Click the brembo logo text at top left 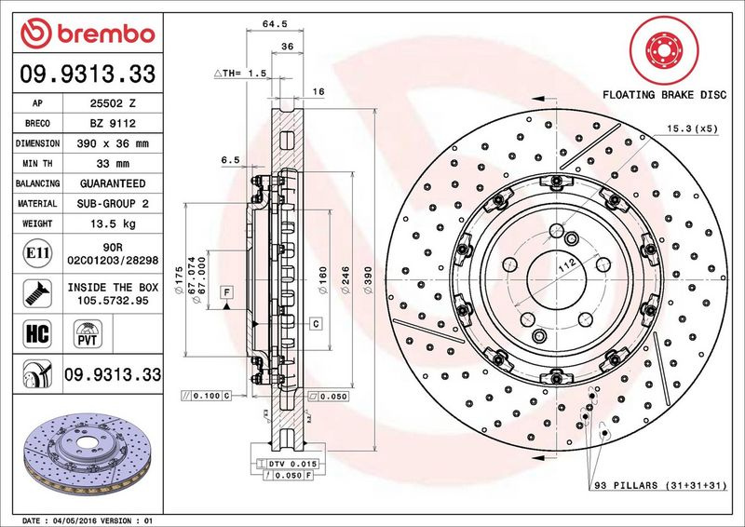(x=106, y=34)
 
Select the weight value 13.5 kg (x=113, y=223)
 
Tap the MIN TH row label (x=37, y=164)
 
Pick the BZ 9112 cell (x=113, y=124)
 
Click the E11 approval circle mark (x=37, y=253)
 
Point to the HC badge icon (x=37, y=333)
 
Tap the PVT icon (x=88, y=333)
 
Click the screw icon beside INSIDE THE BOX (x=37, y=293)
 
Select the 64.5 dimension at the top (x=275, y=24)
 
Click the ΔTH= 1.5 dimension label (x=240, y=74)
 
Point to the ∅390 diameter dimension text (x=368, y=279)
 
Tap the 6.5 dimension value (x=230, y=160)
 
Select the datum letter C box (x=317, y=324)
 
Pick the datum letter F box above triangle (x=226, y=292)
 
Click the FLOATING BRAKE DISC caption (x=664, y=95)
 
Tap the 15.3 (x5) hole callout (x=692, y=128)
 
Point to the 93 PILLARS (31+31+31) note (x=660, y=485)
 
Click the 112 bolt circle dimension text (x=567, y=265)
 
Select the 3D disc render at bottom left (x=88, y=453)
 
